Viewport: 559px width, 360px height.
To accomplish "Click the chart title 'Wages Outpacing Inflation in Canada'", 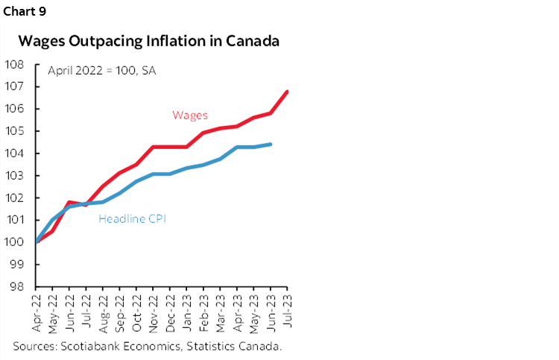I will [x=149, y=41].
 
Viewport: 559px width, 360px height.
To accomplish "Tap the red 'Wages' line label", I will [x=190, y=115].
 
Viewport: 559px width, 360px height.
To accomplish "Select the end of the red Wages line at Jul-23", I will [x=288, y=92].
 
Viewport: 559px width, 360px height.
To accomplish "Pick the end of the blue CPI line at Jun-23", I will [x=271, y=145].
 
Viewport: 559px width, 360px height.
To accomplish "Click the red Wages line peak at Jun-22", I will [x=69, y=202].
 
